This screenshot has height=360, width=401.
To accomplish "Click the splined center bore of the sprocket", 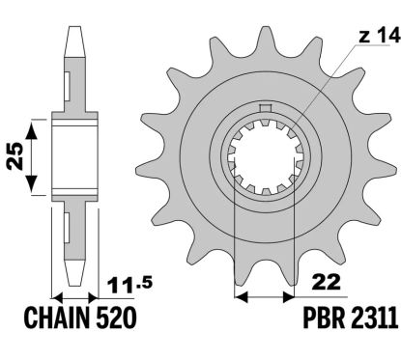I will pos(263,164).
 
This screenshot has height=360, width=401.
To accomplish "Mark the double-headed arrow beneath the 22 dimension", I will pos(263,293).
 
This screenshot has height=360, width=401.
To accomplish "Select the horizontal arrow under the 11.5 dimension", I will pos(77,296).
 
